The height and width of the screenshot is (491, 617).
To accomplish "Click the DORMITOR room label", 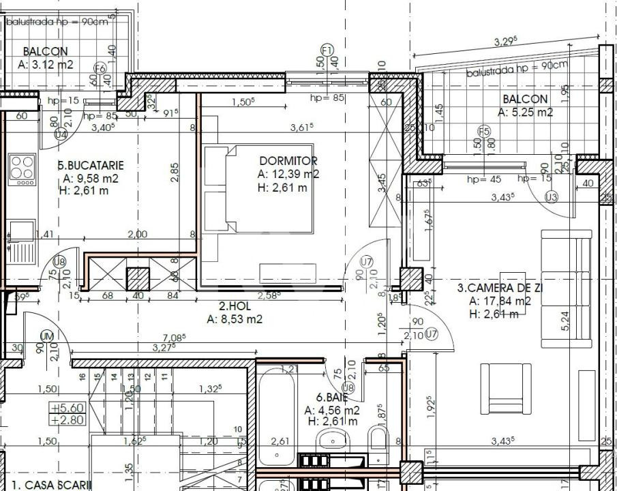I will (288, 161).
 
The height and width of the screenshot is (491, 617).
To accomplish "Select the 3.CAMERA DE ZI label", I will (499, 288).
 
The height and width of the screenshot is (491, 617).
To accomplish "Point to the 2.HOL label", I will (235, 306).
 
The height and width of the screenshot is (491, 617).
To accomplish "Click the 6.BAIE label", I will (332, 397).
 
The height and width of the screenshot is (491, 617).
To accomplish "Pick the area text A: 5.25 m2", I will (525, 113).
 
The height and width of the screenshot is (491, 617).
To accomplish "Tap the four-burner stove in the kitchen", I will (22, 169).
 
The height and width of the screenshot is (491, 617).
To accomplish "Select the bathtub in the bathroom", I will (277, 416).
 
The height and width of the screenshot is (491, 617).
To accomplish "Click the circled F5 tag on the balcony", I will (484, 132).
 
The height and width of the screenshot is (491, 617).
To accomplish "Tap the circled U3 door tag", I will (551, 198).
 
